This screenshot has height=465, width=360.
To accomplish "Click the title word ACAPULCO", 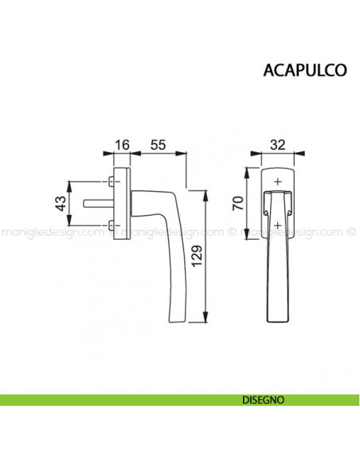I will pyautogui.click(x=303, y=69).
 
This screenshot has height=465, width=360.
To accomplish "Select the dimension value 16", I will pyautogui.click(x=122, y=145).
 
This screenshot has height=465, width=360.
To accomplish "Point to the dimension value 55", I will pyautogui.click(x=158, y=145).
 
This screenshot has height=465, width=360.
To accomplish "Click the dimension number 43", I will pyautogui.click(x=58, y=203).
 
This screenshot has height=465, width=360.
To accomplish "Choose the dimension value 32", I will pyautogui.click(x=277, y=145).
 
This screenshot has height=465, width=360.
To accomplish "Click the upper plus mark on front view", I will pyautogui.click(x=276, y=182).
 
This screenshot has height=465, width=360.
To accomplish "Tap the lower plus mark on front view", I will pyautogui.click(x=276, y=226).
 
